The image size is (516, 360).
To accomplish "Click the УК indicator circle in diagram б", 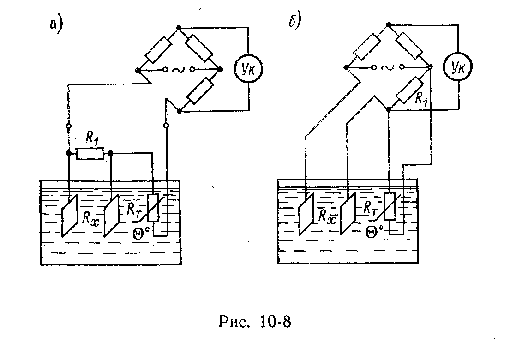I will click(x=457, y=68).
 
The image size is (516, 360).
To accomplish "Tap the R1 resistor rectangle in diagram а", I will click(x=90, y=154).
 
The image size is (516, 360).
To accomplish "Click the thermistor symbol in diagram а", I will click(x=153, y=210).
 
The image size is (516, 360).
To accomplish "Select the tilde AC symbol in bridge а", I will click(x=177, y=70).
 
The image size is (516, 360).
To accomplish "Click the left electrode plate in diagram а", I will click(x=68, y=216).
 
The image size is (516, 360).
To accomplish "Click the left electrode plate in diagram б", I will click(x=306, y=214).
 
